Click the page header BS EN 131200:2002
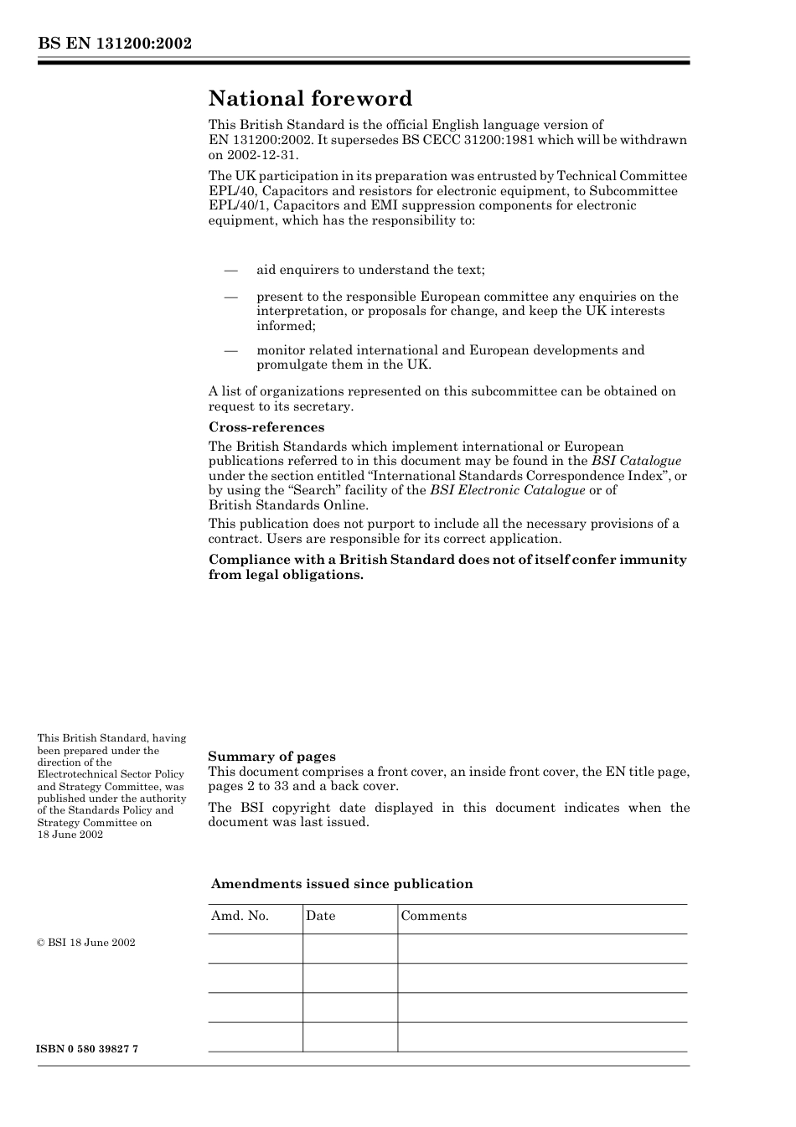[x=115, y=43]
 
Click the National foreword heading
[x=310, y=99]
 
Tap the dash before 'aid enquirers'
[x=230, y=270]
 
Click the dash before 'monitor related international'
[x=230, y=350]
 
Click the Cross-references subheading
[x=266, y=427]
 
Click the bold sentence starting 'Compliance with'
[x=447, y=567]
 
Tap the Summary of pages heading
[x=271, y=756]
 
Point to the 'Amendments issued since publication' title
[x=342, y=884]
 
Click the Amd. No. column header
[x=240, y=916]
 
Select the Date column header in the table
[x=320, y=916]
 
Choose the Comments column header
[x=433, y=916]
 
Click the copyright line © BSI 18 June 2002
[x=86, y=943]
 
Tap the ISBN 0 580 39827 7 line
[x=88, y=1050]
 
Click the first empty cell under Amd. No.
[x=255, y=949]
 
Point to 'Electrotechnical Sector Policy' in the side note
[x=111, y=774]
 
